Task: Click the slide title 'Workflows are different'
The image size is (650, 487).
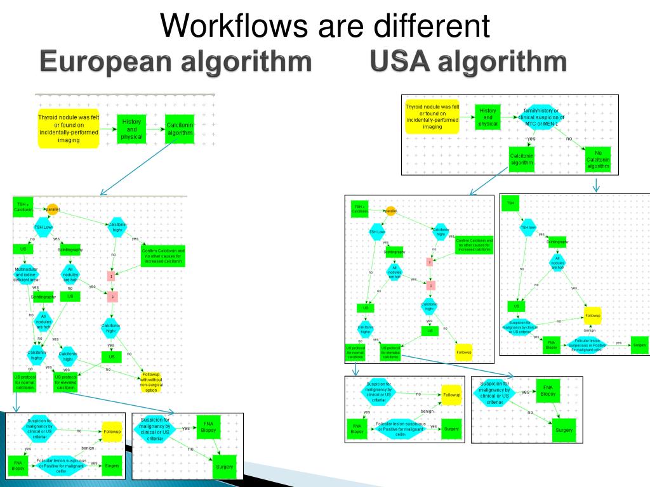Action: point(325,26)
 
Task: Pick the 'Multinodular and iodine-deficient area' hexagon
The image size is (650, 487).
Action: point(27,274)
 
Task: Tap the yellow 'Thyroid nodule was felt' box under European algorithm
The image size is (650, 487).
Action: point(69,129)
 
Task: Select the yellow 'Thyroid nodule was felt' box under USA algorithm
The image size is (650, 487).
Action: point(432,117)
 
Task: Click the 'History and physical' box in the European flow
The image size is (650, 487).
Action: point(131,129)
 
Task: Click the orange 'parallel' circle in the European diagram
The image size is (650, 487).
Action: point(52,209)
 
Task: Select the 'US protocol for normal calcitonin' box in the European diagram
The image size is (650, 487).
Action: point(25,382)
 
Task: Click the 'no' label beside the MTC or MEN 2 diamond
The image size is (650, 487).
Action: point(569,138)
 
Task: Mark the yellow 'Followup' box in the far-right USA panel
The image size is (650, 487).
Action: point(592,315)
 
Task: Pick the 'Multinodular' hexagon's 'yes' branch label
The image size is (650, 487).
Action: point(36,287)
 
